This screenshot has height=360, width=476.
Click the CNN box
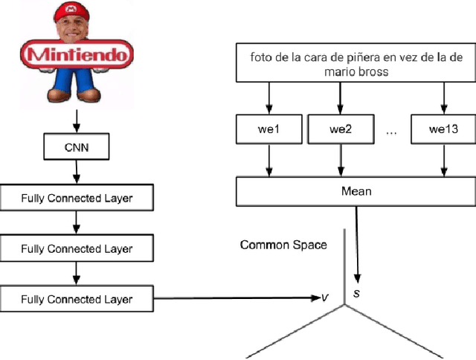pyautogui.click(x=76, y=147)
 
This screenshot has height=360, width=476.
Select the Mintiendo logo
pyautogui.click(x=77, y=55)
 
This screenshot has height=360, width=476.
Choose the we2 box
pyautogui.click(x=341, y=129)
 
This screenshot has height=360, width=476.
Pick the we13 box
pyautogui.click(x=443, y=129)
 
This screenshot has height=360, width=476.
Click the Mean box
pyautogui.click(x=356, y=191)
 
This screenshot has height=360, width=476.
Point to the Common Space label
pyautogui.click(x=283, y=245)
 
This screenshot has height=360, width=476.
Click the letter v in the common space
pyautogui.click(x=325, y=298)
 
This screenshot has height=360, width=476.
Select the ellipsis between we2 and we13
pyautogui.click(x=392, y=131)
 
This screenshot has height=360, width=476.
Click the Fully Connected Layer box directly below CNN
pyautogui.click(x=77, y=199)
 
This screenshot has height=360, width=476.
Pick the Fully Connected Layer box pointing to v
pyautogui.click(x=77, y=299)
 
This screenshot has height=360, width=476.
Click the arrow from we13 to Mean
pyautogui.click(x=443, y=160)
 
